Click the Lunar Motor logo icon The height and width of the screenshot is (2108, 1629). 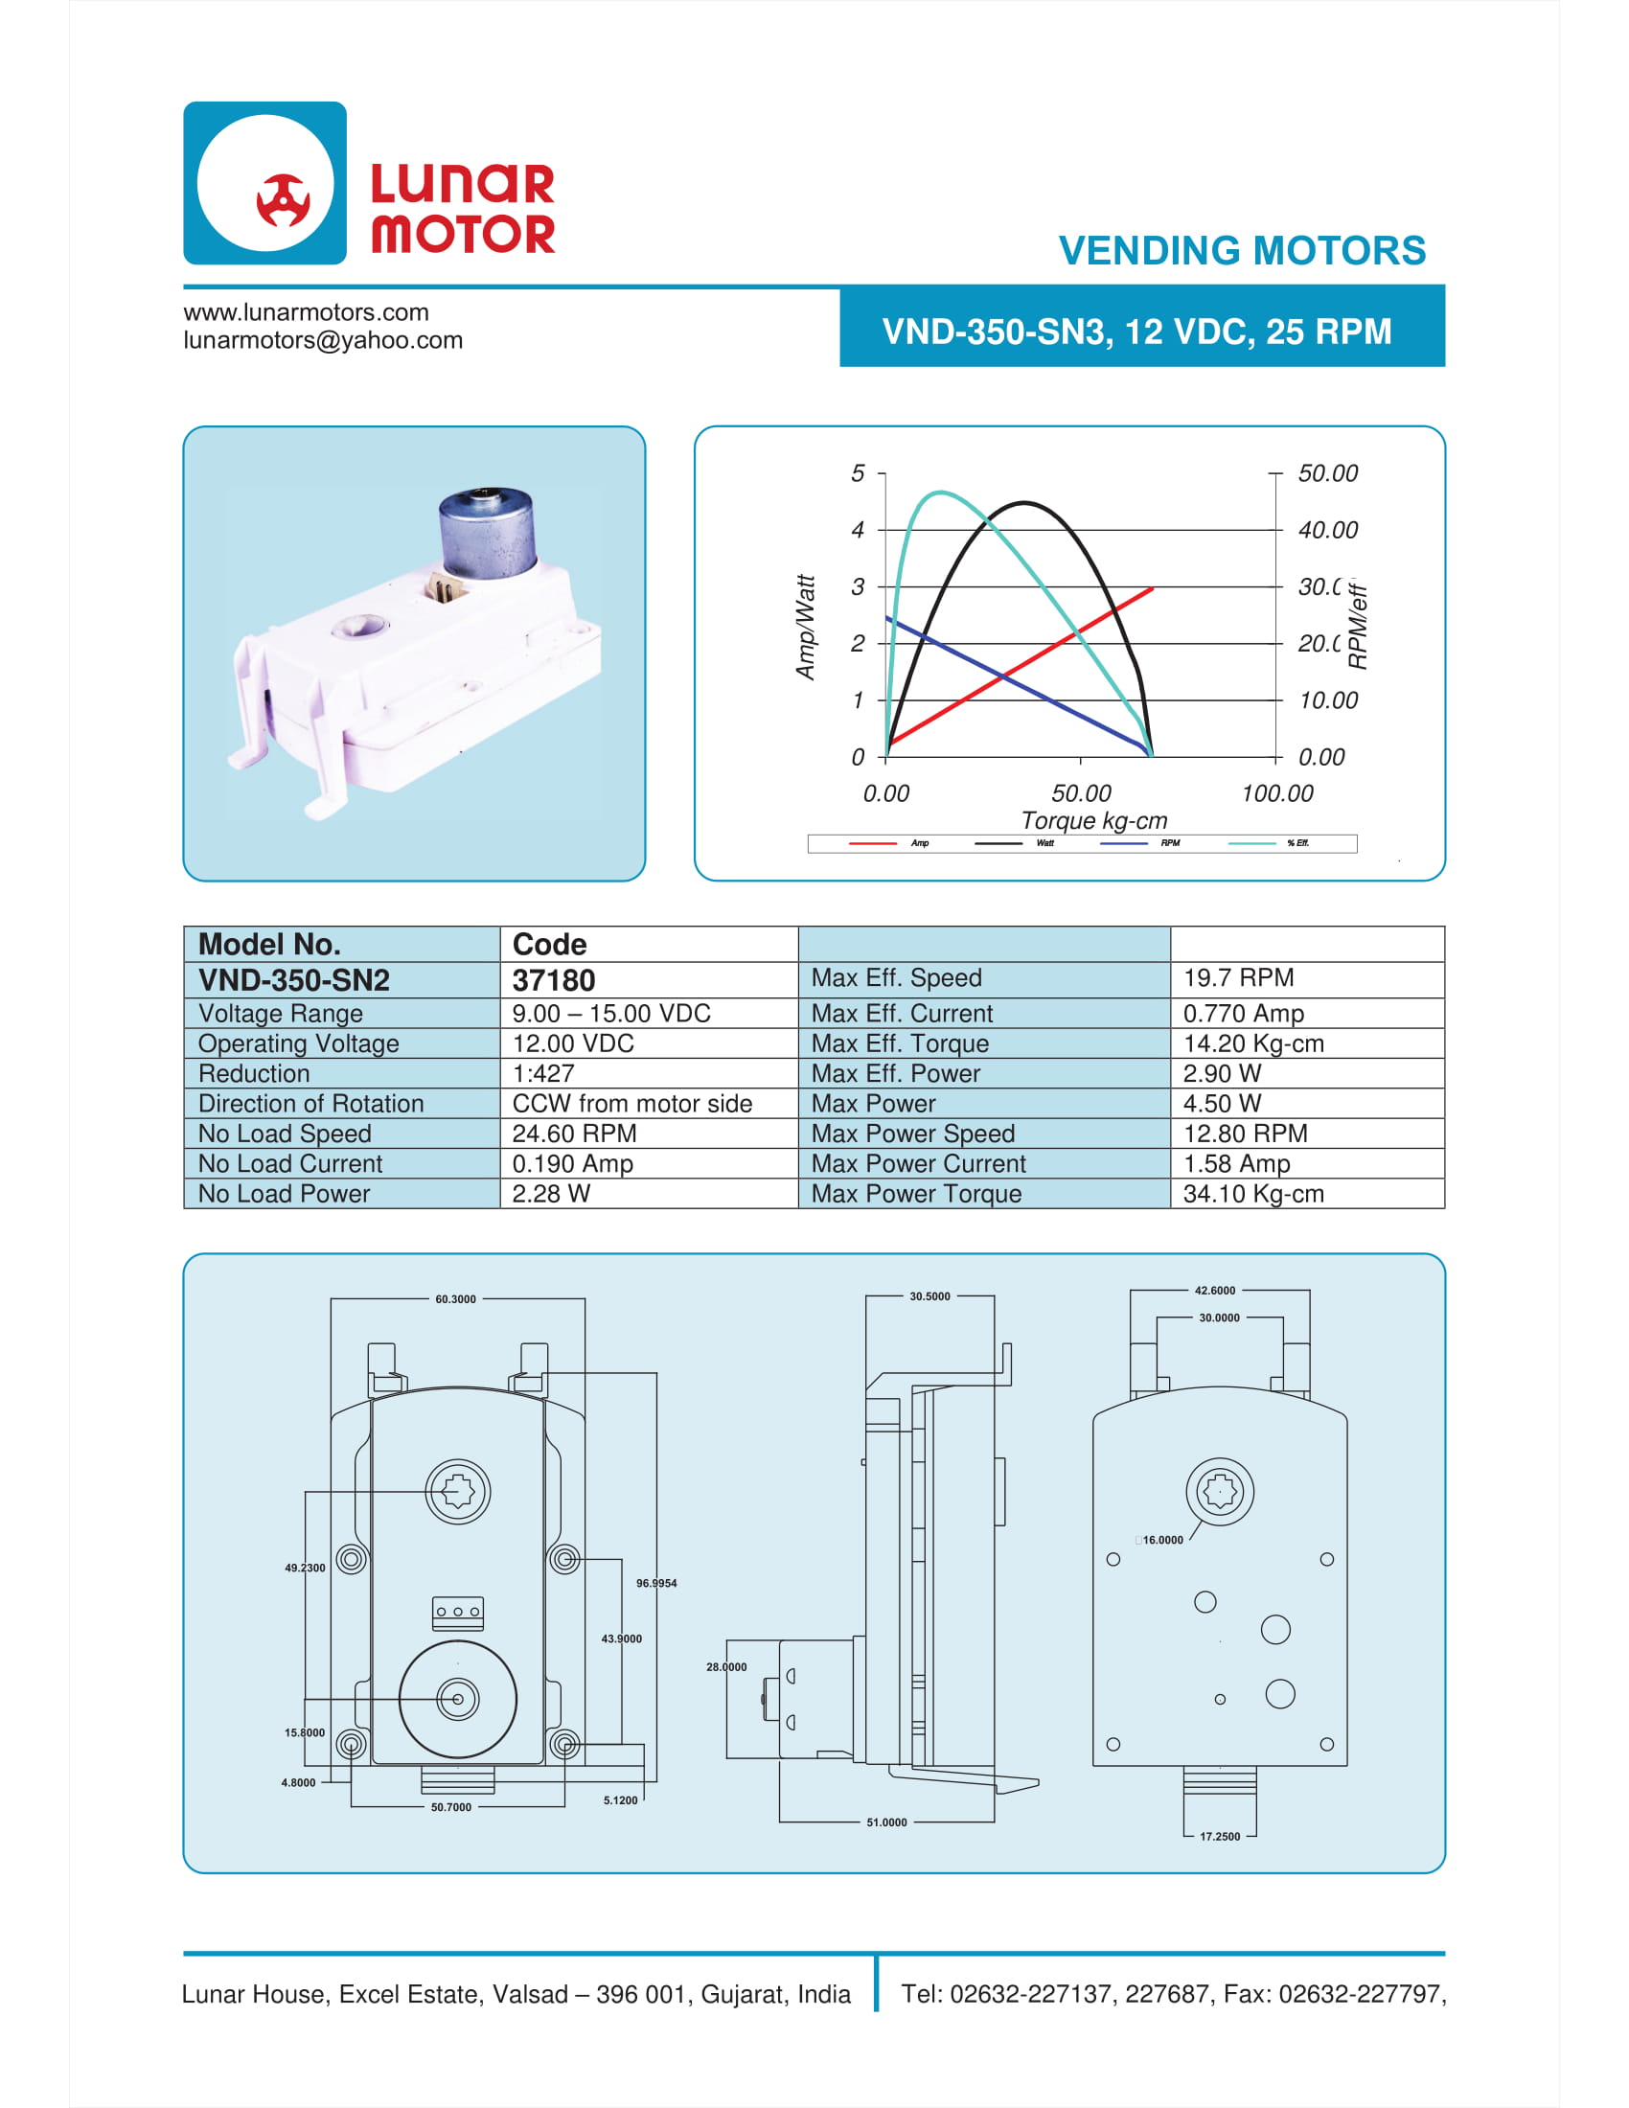tap(265, 183)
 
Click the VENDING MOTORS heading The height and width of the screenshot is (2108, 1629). tap(1242, 251)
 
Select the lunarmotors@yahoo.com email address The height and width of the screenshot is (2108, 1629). tap(323, 341)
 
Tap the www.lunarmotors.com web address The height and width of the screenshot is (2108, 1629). tap(306, 311)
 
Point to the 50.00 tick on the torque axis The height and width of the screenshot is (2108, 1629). tap(1081, 793)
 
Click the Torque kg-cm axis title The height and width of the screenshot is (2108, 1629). tap(1094, 820)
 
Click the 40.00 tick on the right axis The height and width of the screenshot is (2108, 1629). tap(1328, 530)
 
